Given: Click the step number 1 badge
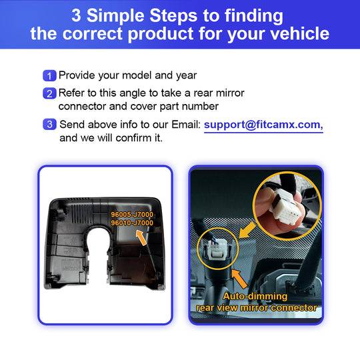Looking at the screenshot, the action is click(x=49, y=75).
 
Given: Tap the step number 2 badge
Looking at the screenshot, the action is click(x=49, y=93).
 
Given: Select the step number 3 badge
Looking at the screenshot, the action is click(x=49, y=124).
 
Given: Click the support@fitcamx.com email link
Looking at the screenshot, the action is click(x=263, y=125).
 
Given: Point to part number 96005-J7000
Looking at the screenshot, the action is click(x=132, y=215).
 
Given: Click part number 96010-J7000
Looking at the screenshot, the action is click(x=132, y=223).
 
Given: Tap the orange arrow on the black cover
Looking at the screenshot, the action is click(x=141, y=237).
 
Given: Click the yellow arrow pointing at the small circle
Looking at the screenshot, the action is click(x=247, y=230).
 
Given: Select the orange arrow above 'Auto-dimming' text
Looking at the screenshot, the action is click(x=239, y=279).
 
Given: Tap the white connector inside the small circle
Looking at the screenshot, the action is click(x=217, y=250).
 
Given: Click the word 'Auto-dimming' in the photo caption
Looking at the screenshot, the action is click(x=255, y=296).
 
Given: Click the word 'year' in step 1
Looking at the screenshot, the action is click(x=187, y=76).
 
